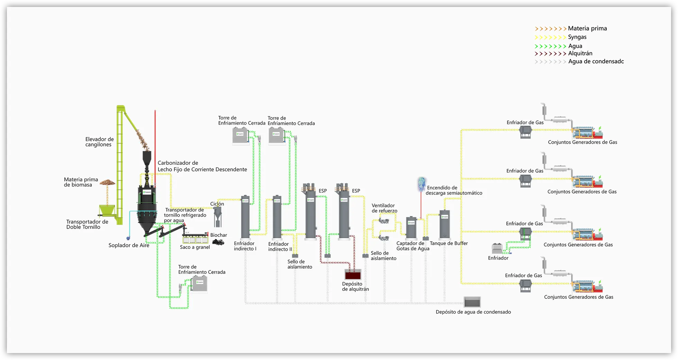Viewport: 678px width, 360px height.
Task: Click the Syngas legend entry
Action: pyautogui.click(x=577, y=37)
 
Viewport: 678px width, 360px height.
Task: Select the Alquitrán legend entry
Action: pyautogui.click(x=580, y=53)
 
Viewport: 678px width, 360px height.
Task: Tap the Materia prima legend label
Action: pyautogui.click(x=587, y=28)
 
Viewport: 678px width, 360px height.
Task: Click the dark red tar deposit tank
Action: pyautogui.click(x=353, y=275)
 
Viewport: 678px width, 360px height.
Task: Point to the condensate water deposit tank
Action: pyautogui.click(x=472, y=302)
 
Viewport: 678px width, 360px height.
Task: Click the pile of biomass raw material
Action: pyautogui.click(x=108, y=182)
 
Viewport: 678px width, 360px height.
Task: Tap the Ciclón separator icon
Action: pyautogui.click(x=218, y=216)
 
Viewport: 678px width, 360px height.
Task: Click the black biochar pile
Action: pyautogui.click(x=218, y=242)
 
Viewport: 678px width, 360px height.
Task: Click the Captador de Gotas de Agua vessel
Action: pyautogui.click(x=411, y=227)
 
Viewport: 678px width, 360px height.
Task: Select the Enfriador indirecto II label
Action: pyautogui.click(x=280, y=246)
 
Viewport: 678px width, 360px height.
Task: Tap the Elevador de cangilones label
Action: pyautogui.click(x=99, y=142)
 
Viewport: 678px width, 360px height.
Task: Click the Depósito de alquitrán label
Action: pyautogui.click(x=355, y=287)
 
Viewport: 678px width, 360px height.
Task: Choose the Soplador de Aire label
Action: pyautogui.click(x=129, y=245)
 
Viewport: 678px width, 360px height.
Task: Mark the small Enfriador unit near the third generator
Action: pyautogui.click(x=497, y=249)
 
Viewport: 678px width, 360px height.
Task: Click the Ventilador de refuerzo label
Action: pyautogui.click(x=384, y=208)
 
